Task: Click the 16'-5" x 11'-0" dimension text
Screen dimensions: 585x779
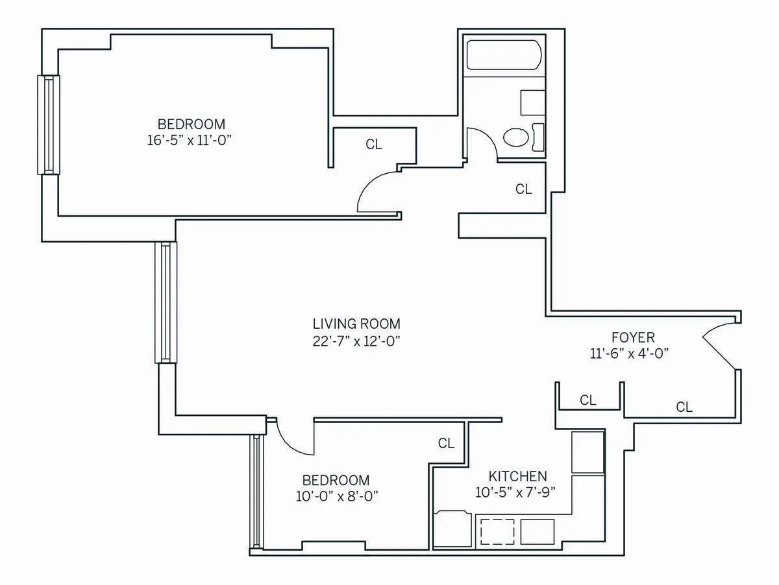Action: (x=190, y=139)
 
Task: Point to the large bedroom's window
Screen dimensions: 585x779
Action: (x=48, y=125)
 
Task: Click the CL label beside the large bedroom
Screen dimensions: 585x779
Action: (x=374, y=145)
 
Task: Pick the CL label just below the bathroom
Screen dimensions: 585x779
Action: (x=523, y=189)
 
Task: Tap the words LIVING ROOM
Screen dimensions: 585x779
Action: (x=356, y=324)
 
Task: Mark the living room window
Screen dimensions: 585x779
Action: (x=166, y=302)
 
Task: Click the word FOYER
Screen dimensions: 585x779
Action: (x=633, y=337)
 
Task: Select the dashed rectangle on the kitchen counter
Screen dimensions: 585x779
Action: (x=497, y=532)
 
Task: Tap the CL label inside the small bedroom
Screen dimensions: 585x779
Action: (x=446, y=444)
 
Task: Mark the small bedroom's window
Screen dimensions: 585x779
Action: (x=257, y=492)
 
